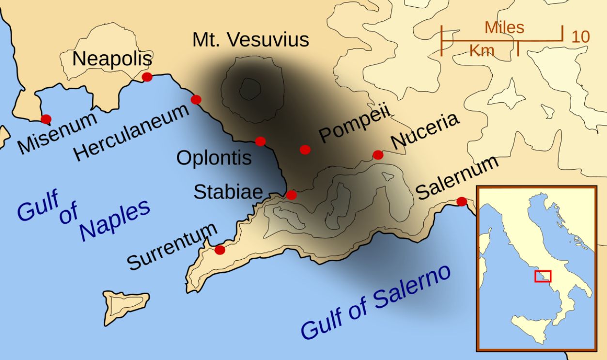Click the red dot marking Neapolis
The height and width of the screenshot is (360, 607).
click(x=147, y=77)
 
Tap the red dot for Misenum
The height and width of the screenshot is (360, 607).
click(x=46, y=119)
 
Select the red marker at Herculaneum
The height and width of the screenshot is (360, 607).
click(x=196, y=99)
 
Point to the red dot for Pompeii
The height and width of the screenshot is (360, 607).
click(x=305, y=149)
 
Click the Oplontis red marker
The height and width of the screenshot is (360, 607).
click(x=260, y=141)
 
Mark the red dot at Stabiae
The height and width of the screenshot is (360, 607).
click(x=291, y=195)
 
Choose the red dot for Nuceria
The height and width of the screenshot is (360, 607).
click(x=378, y=155)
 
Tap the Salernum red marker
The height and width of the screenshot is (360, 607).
click(x=462, y=201)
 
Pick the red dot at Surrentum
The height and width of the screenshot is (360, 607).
click(x=219, y=250)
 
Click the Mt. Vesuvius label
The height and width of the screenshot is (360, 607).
click(x=250, y=40)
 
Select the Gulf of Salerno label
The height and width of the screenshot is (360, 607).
click(x=376, y=302)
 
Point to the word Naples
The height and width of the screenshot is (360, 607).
click(x=114, y=220)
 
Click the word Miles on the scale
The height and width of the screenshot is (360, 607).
click(x=504, y=28)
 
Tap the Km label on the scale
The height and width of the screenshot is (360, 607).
click(x=482, y=50)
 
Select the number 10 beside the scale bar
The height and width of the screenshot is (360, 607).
click(x=580, y=37)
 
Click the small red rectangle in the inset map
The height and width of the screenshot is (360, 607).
click(x=543, y=276)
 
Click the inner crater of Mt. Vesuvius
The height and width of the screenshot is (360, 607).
click(x=250, y=89)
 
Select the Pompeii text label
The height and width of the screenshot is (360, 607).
click(x=355, y=125)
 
